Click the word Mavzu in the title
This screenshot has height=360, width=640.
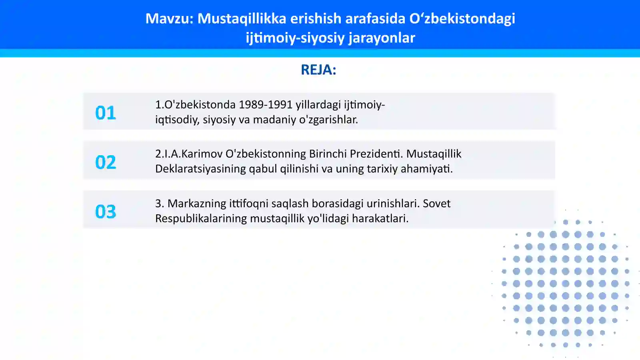(x=168, y=18)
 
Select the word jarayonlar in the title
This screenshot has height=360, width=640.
(x=382, y=38)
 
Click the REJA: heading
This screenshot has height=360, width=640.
(x=318, y=70)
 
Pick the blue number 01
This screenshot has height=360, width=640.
(x=106, y=113)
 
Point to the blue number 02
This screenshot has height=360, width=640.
(x=106, y=162)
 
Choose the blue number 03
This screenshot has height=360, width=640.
(x=106, y=212)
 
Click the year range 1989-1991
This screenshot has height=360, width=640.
(x=266, y=104)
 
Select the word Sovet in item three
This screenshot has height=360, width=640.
(x=436, y=204)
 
